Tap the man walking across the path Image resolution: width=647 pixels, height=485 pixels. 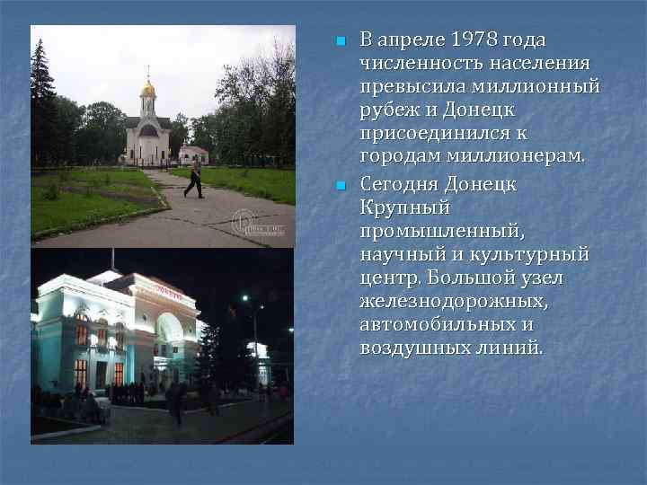194,177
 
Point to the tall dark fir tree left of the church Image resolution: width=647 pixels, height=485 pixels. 41,99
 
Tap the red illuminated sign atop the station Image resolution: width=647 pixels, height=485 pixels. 166,288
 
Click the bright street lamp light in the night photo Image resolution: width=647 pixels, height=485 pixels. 244,298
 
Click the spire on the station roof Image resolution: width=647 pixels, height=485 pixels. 112,260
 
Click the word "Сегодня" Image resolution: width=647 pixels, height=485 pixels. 400,184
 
